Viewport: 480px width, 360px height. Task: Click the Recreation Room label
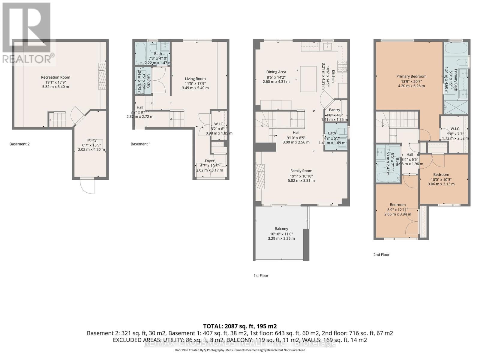55,77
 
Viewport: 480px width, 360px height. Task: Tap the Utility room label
91,140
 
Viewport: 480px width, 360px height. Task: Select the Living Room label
195,79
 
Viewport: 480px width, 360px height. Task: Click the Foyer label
209,161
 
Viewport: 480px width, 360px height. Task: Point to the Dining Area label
276,72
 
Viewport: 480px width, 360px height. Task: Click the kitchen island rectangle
308,79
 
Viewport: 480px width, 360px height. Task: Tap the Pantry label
334,110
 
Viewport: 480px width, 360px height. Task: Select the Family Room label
301,171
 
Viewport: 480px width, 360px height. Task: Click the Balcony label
281,229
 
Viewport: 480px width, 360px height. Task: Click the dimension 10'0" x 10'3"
441,179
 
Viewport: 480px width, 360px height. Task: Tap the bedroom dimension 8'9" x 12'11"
397,210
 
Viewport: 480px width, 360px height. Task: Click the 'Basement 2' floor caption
19,144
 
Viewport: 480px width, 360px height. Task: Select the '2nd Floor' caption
381,255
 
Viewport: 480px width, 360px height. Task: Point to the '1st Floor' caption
261,276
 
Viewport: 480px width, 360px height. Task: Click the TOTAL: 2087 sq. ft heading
240,326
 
